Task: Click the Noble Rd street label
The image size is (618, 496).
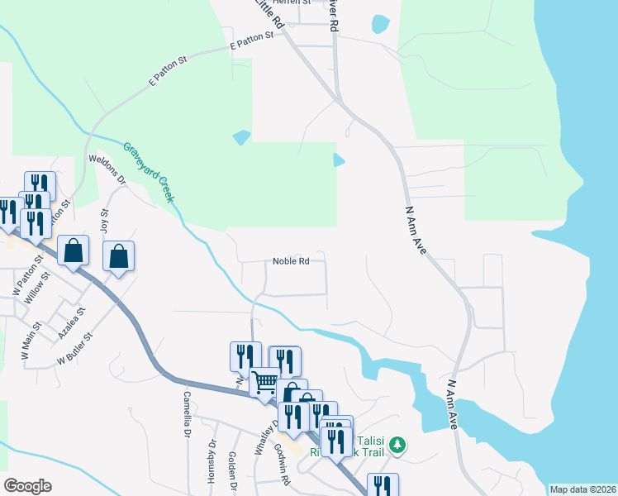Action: tap(291, 261)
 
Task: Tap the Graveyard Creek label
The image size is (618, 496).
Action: tap(150, 173)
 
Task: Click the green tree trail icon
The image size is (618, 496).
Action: tap(398, 446)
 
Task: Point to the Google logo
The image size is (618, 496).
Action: tap(27, 485)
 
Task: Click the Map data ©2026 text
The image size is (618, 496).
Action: tap(582, 489)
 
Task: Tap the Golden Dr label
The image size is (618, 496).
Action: tap(233, 469)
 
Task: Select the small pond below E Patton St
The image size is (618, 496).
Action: tap(241, 136)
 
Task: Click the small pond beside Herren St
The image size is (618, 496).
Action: tap(380, 24)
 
